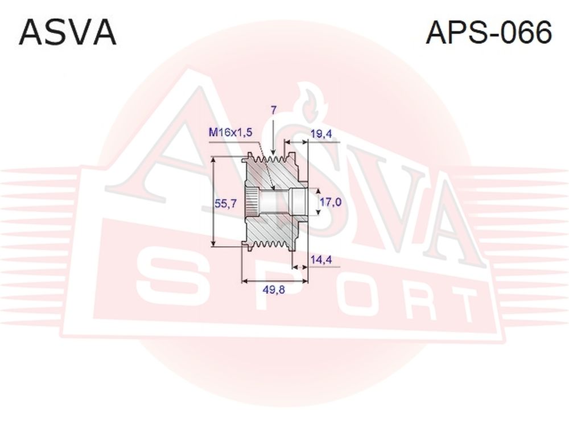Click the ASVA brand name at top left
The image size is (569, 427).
(x=68, y=32)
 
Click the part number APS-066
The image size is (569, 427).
(x=489, y=32)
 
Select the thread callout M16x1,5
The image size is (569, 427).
(x=230, y=132)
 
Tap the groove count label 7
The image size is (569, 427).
(x=274, y=110)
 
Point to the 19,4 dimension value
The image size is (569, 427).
(x=321, y=134)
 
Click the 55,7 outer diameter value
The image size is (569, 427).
(x=225, y=203)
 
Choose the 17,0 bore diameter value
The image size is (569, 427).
(x=330, y=202)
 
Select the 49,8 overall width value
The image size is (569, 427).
(x=274, y=290)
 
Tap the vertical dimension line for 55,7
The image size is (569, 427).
(x=214, y=202)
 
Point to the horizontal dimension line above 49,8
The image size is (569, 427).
(x=275, y=281)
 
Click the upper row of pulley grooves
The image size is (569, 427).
(x=272, y=159)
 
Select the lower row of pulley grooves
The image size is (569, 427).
(x=272, y=244)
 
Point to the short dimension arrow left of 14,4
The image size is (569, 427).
(x=300, y=267)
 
